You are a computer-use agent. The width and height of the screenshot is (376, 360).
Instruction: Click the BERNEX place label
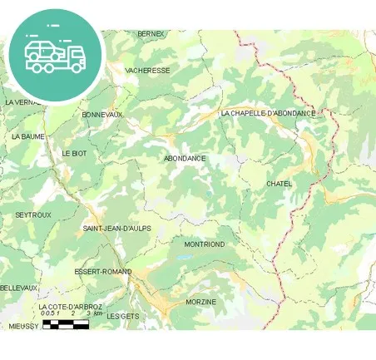(151, 33)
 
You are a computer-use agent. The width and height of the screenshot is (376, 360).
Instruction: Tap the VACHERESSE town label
(147, 71)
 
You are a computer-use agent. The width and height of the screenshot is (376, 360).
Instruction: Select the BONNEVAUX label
(102, 114)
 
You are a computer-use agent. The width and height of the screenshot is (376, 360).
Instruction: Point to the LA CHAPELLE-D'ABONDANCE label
(268, 113)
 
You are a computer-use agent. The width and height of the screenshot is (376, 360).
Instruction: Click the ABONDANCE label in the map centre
(185, 158)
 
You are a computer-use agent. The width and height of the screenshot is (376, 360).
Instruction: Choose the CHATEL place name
(280, 183)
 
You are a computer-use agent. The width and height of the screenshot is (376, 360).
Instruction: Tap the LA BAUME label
(27, 136)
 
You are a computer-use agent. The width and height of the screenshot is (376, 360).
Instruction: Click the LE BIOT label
(74, 154)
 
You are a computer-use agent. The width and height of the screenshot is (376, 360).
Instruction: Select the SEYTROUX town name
(33, 215)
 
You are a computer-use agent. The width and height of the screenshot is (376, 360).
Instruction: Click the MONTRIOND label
(205, 244)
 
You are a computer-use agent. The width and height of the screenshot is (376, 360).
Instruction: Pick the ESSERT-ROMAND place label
(103, 271)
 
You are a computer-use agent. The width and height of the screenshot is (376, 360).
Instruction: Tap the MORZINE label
(200, 301)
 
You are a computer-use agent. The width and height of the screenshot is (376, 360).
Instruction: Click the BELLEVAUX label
(18, 288)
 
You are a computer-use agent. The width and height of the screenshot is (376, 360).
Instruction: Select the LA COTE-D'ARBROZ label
(71, 307)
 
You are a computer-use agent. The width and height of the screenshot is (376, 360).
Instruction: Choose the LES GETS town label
(123, 316)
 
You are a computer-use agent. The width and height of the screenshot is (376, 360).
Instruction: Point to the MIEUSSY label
(23, 327)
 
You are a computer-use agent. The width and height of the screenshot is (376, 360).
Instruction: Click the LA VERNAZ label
(21, 102)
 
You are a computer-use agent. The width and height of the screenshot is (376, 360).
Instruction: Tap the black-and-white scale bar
(65, 324)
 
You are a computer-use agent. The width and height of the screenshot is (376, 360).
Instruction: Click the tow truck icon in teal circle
(55, 55)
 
